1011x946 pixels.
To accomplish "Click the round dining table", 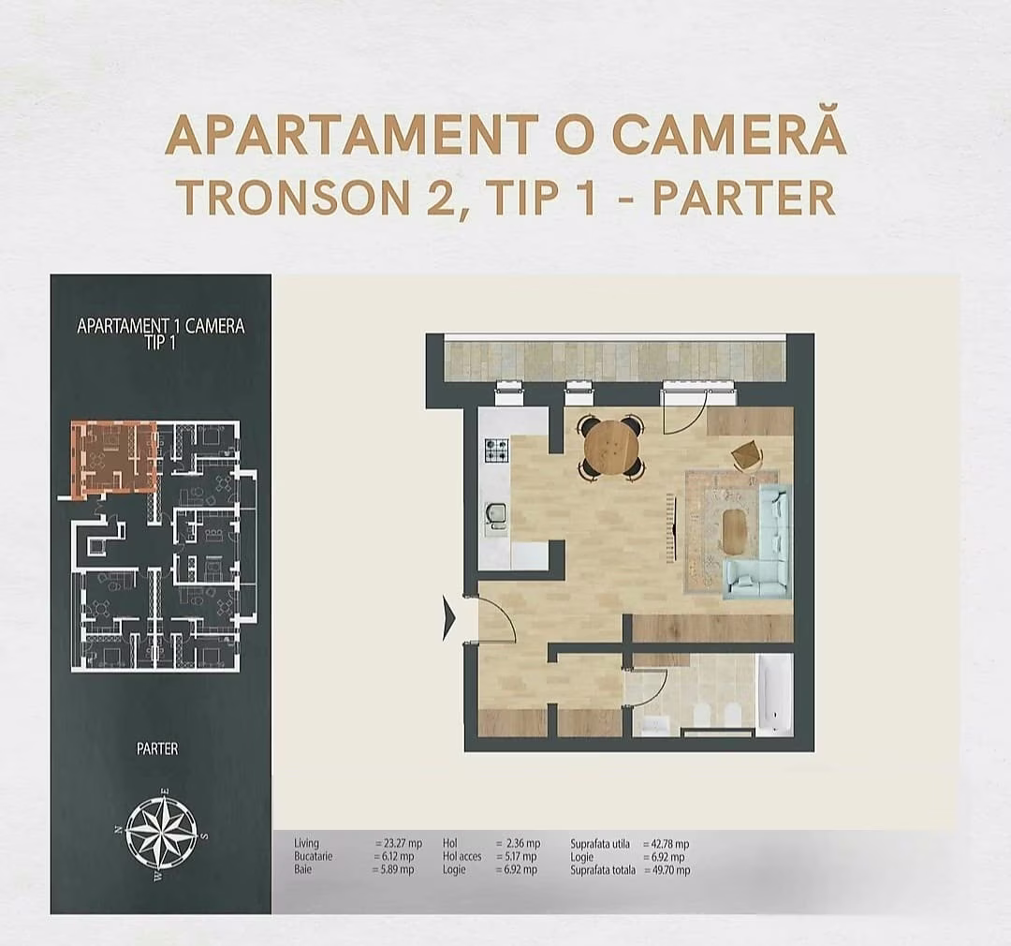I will coord(611,448).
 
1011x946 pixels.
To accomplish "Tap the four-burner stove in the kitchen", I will coord(496,451).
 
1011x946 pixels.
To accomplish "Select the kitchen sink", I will coord(495,514).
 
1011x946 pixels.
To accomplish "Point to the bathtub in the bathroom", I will coord(774,695).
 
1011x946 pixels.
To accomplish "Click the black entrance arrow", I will coord(449,619).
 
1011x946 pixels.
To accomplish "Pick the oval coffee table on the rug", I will coord(736,532).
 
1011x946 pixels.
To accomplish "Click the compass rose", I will coord(161,830).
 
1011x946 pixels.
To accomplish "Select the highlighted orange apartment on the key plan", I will coord(114,457).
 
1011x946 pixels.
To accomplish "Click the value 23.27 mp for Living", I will coord(395,844).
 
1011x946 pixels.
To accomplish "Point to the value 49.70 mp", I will coord(667,870).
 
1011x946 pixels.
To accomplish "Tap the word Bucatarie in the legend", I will coord(315,857).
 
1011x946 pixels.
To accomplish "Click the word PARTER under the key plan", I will coord(157,748).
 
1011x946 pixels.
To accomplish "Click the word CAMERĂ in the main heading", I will coord(730,136).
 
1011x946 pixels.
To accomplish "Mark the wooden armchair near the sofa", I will coord(747,455).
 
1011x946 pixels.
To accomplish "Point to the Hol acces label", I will coord(462,857).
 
